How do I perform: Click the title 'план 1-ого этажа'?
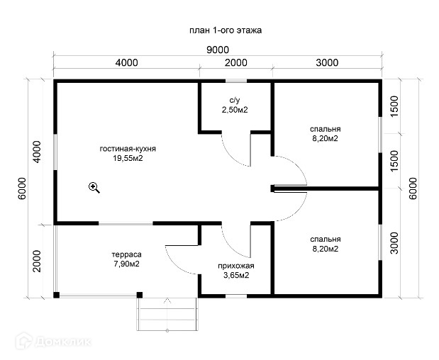226,30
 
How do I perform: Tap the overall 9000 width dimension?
218,50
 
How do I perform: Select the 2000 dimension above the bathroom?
235,62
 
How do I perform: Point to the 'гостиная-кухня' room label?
128,149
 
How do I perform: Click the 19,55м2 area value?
128,158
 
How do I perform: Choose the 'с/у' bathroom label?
235,100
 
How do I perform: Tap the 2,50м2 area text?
235,110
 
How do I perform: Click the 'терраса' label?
126,254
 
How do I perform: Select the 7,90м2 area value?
126,264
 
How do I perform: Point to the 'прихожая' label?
236,266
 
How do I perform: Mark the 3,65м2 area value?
236,276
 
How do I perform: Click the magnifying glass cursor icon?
94,187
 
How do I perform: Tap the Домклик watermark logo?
53,342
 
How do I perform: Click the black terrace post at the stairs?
140,295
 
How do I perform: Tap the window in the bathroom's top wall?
236,81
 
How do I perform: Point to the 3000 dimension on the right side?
394,243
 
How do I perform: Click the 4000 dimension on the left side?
37,152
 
